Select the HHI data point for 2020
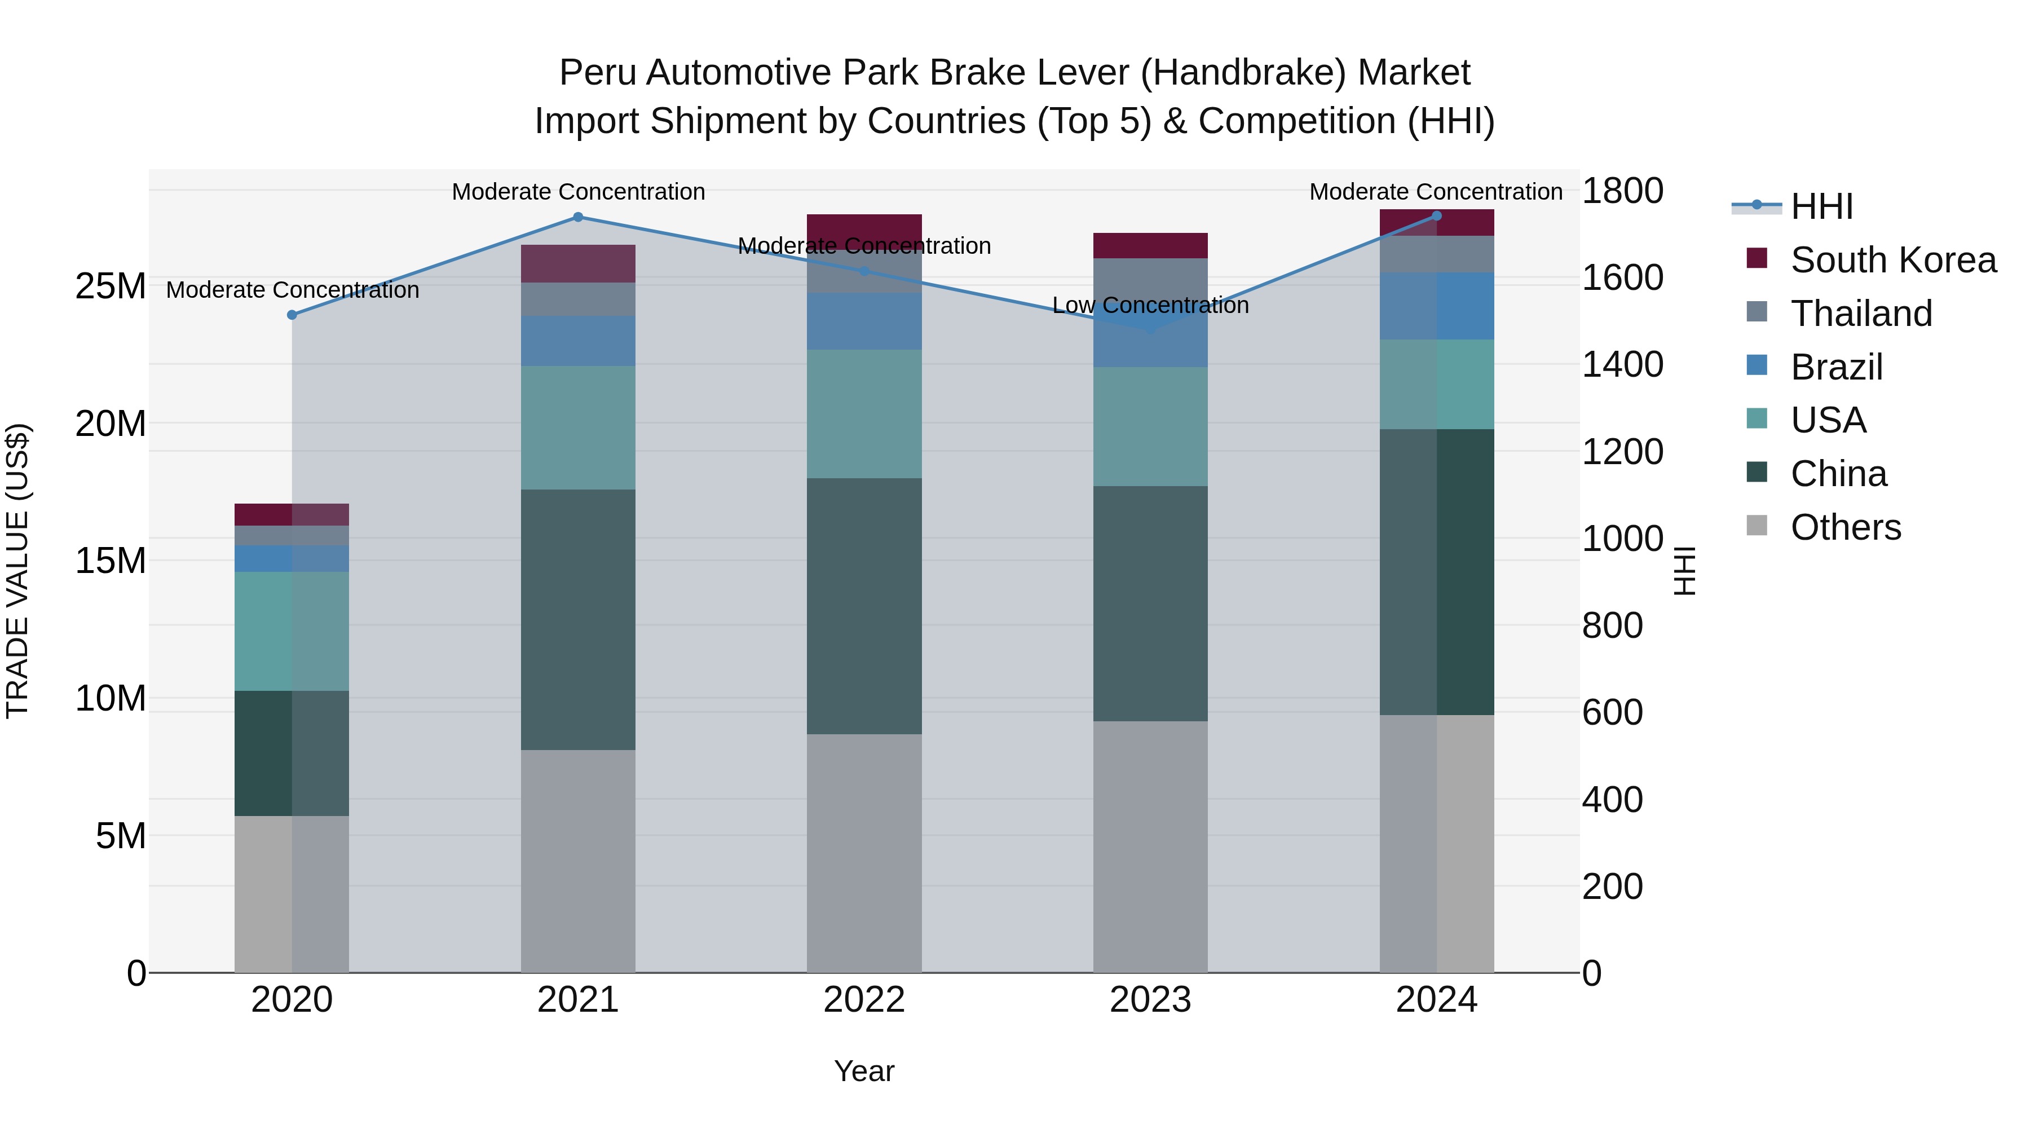click(x=292, y=315)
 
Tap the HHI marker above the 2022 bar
click(x=864, y=271)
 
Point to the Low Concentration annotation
click(x=1150, y=305)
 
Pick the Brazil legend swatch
click(x=1757, y=365)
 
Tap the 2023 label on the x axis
click(x=1150, y=1000)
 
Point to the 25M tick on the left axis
click(x=111, y=287)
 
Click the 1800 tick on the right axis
click(x=1622, y=191)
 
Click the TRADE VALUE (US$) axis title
click(x=18, y=571)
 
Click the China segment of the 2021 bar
click(x=577, y=619)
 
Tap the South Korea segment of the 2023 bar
click(x=1150, y=246)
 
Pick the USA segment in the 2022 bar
click(x=864, y=414)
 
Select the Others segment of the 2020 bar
click(x=292, y=894)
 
